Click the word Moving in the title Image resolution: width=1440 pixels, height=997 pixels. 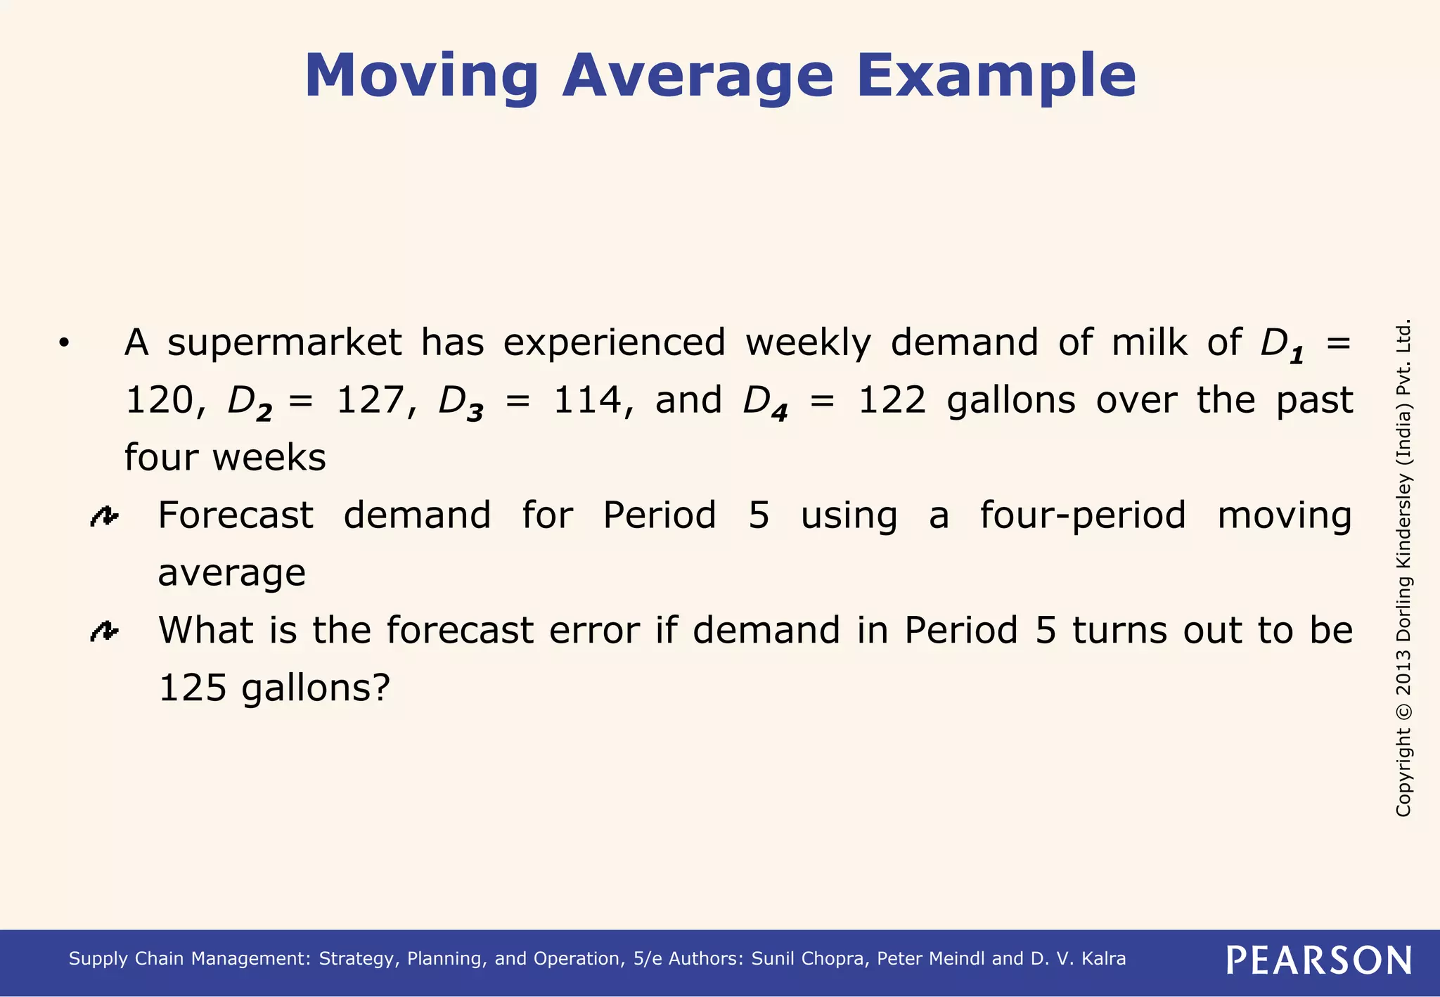coord(421,76)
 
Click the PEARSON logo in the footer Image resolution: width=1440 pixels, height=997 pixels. coord(1318,960)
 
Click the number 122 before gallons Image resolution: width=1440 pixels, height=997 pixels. coord(892,401)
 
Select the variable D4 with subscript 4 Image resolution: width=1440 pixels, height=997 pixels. coord(765,403)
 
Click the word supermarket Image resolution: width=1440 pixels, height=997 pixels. coord(284,344)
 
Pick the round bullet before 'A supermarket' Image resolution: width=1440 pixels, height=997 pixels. coord(64,344)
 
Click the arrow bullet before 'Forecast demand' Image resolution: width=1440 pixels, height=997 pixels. coord(104,517)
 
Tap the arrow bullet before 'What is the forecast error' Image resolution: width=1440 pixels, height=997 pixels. coord(104,632)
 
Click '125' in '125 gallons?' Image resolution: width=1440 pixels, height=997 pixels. coord(192,688)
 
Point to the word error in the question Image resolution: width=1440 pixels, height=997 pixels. coord(594,630)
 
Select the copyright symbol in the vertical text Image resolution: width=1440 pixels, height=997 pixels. coord(1403,711)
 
